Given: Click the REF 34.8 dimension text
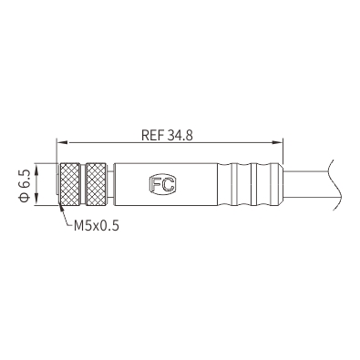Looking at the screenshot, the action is coord(167,135).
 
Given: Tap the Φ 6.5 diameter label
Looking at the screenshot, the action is coord(24,185).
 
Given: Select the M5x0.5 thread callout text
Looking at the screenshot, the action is coord(97,226).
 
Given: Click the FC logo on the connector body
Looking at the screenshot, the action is coord(162,184).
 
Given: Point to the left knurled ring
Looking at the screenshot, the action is coord(70,184).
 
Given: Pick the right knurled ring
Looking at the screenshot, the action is coord(97,184).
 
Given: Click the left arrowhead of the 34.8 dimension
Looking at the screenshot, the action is coord(63,142).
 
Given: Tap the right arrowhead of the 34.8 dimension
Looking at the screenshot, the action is coord(277,142).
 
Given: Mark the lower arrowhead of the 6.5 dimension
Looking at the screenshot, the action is coord(37,200).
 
